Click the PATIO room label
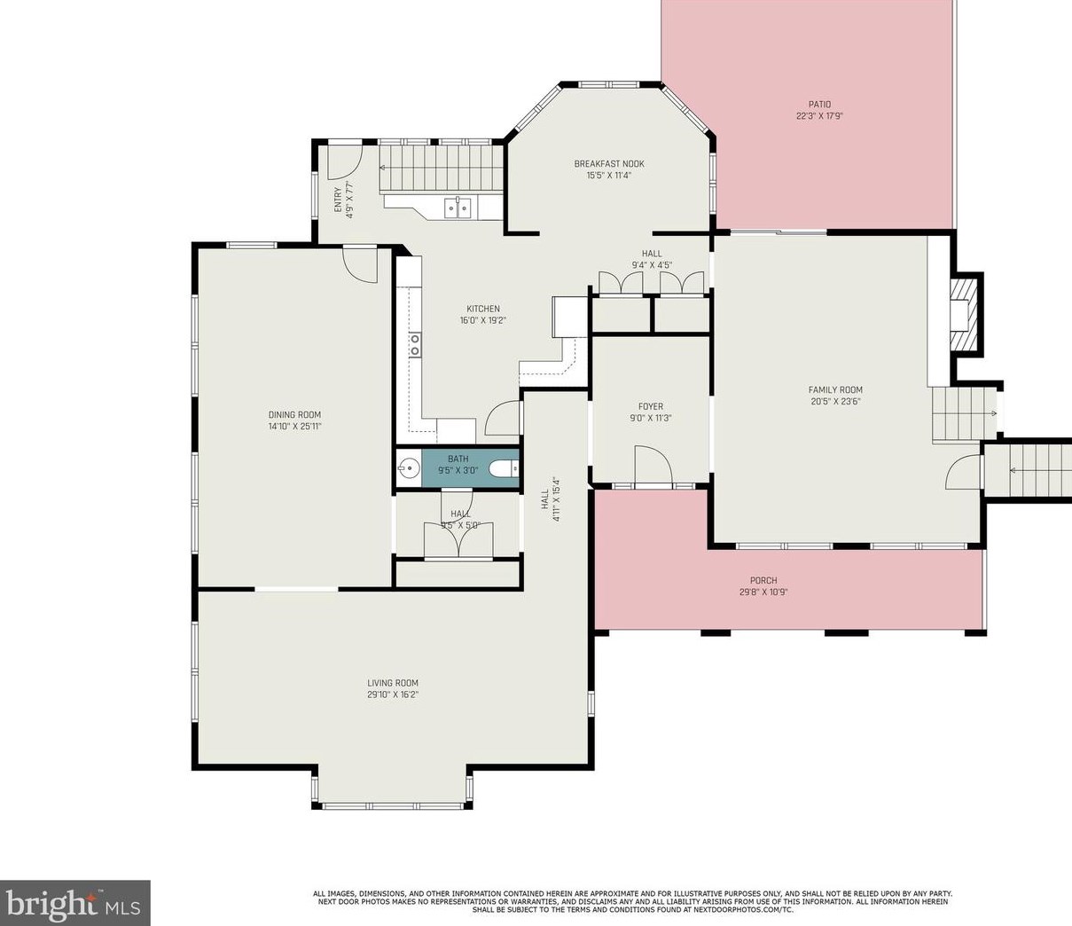pyautogui.click(x=819, y=105)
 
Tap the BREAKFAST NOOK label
pyautogui.click(x=609, y=164)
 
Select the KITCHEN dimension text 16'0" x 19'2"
pyautogui.click(x=483, y=320)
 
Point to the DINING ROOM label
pyautogui.click(x=294, y=415)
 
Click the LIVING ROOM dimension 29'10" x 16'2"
pyautogui.click(x=393, y=694)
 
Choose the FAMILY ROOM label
pyautogui.click(x=835, y=389)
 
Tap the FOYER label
pyautogui.click(x=650, y=406)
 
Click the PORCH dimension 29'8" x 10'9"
pyautogui.click(x=763, y=592)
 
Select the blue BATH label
pyautogui.click(x=458, y=459)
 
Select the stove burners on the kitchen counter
pyautogui.click(x=414, y=345)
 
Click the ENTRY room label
pyautogui.click(x=338, y=200)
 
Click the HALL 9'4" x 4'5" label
pyautogui.click(x=652, y=259)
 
